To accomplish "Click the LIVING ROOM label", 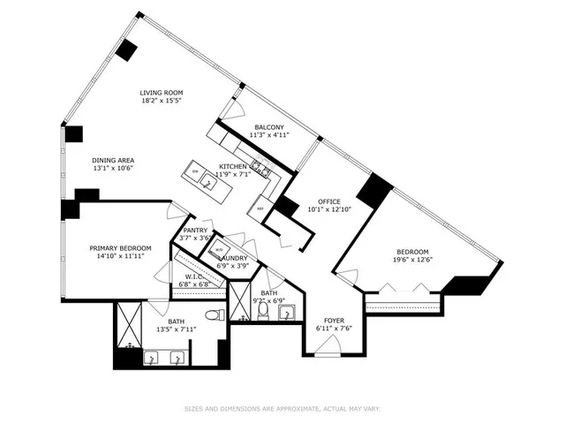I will point(162,93).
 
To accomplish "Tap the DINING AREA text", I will point(113,159).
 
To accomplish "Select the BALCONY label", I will point(269,127).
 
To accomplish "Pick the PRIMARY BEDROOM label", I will point(120,248).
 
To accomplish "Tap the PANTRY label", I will point(195,230).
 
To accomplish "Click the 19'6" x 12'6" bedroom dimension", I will point(412,260).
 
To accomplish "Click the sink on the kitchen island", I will point(208,183).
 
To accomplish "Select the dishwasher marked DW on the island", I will point(195,171).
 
